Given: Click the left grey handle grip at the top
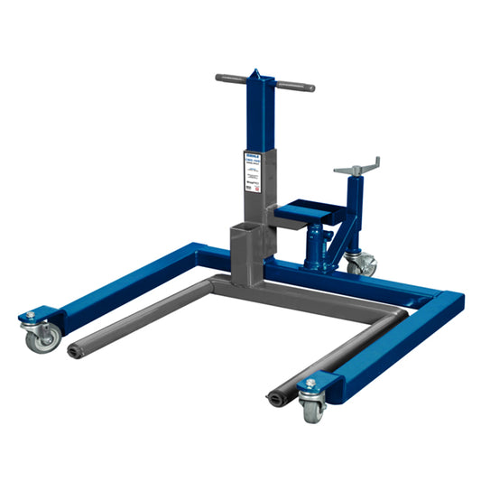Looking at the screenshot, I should (x=231, y=79).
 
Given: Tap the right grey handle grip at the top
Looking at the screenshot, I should (x=295, y=87).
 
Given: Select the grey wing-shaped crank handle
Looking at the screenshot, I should (x=356, y=167).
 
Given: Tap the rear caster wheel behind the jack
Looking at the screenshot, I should (x=362, y=264).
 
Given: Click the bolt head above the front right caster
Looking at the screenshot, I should (x=310, y=383).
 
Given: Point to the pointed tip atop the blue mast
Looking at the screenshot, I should (x=254, y=72).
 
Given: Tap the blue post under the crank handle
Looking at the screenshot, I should (x=354, y=203).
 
